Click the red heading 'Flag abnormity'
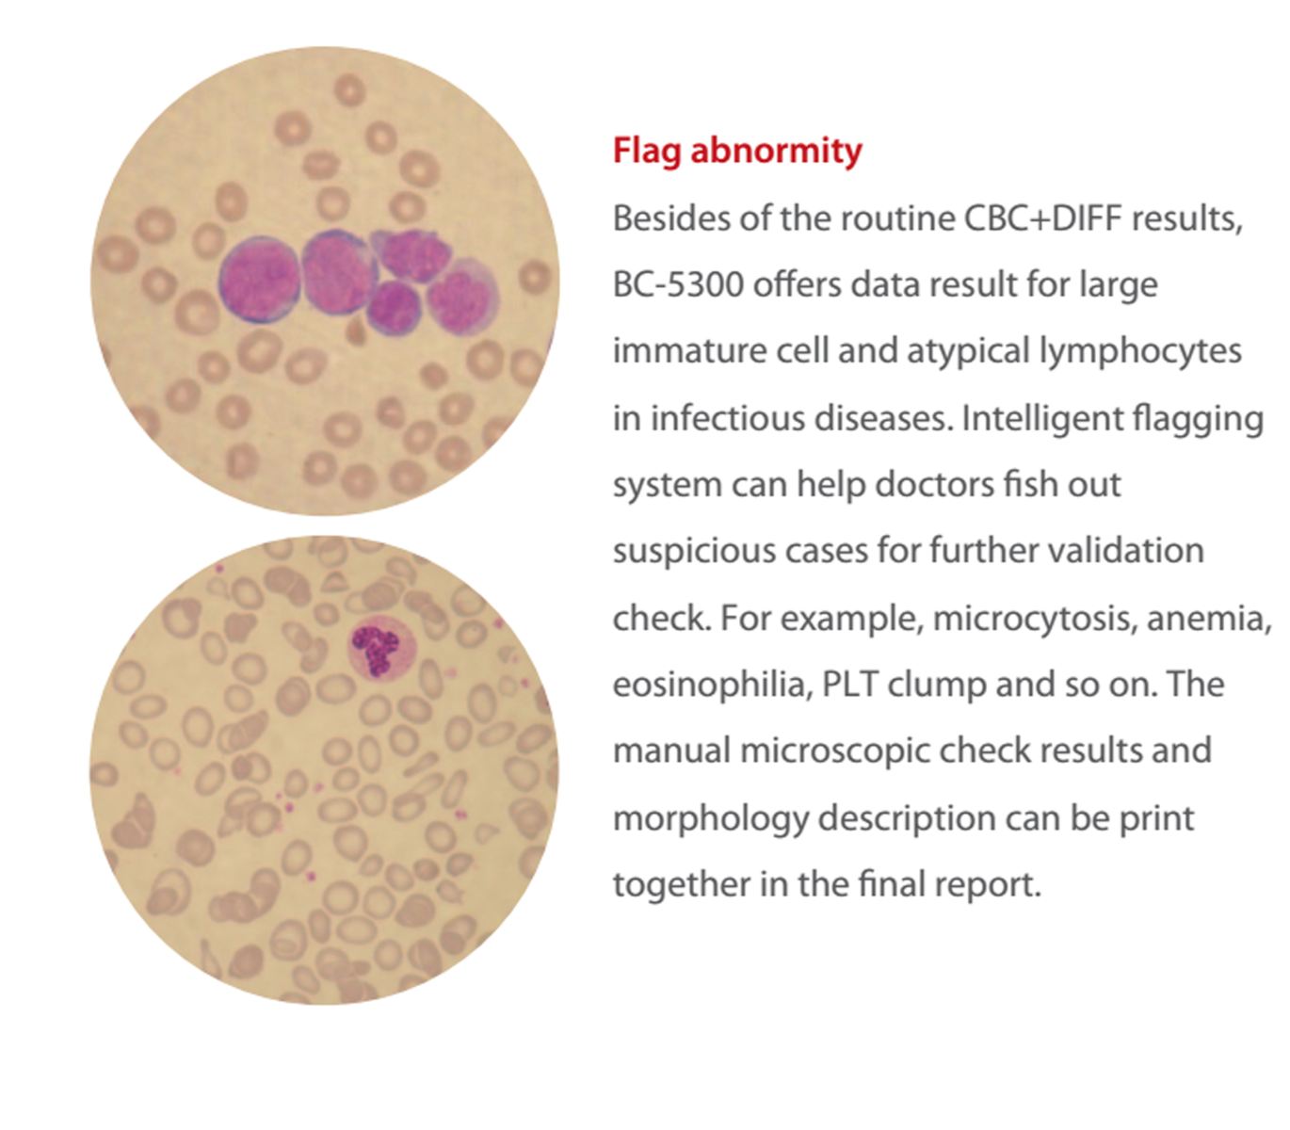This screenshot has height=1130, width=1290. click(736, 151)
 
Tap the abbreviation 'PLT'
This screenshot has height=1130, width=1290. click(850, 685)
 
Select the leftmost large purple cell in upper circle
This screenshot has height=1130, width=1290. click(259, 280)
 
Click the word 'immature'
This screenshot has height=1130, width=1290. click(681, 351)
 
